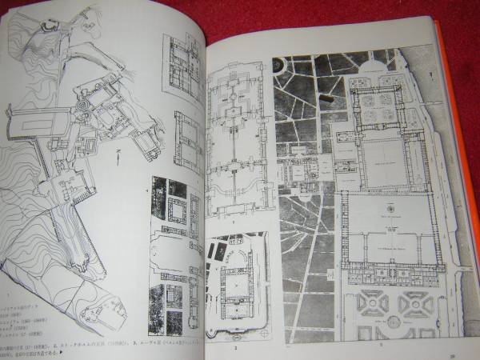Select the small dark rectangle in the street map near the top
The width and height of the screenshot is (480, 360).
pos(328,98)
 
